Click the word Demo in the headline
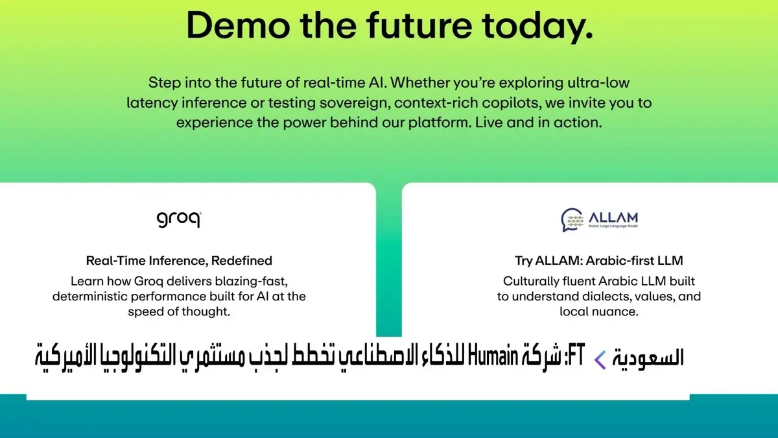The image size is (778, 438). (239, 25)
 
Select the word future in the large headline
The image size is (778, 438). (419, 25)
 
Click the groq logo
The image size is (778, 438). (179, 219)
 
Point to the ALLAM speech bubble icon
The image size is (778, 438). (572, 220)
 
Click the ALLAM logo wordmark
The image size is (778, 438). (613, 218)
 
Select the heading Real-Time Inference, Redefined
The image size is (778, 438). (179, 260)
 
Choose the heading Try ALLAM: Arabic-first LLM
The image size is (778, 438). (599, 260)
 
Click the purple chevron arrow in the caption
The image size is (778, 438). (600, 359)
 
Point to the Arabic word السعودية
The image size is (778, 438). (648, 358)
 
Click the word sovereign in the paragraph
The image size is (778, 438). (355, 103)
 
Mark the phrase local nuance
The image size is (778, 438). (599, 311)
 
